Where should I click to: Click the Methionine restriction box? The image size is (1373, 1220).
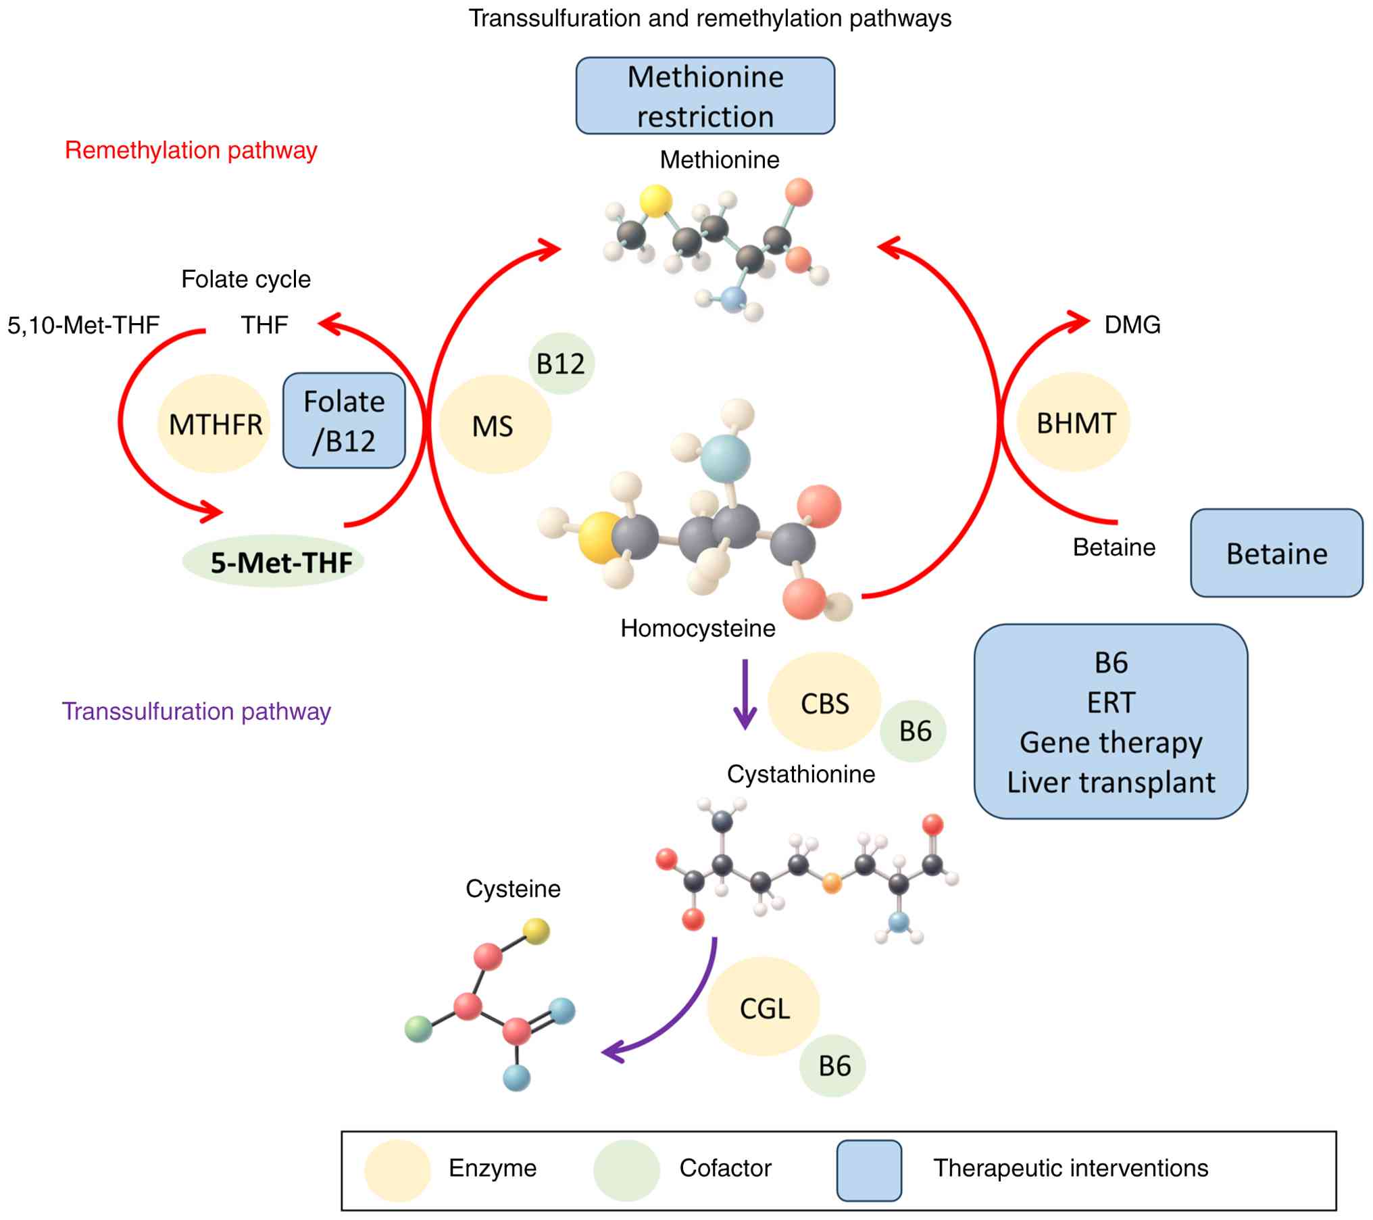point(705,95)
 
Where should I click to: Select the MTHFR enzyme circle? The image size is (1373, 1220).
point(214,424)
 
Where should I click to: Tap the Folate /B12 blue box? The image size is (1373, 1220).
point(344,420)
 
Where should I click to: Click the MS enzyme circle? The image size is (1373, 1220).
point(494,425)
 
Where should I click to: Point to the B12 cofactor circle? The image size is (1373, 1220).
point(561,364)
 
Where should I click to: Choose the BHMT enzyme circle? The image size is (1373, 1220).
point(1074,422)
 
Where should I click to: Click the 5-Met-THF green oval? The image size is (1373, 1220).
point(274,562)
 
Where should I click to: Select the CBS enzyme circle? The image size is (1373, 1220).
point(824,703)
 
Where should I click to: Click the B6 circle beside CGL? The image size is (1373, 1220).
point(833,1066)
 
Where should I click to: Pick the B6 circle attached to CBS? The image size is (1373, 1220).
point(914,731)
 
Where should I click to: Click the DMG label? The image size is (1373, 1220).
point(1132,325)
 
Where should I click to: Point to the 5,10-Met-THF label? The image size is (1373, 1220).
point(83,325)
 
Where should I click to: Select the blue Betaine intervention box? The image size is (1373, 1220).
point(1276,554)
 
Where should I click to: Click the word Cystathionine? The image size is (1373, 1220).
point(801,774)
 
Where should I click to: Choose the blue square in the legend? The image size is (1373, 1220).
point(869,1171)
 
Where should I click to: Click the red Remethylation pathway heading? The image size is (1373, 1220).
point(191,150)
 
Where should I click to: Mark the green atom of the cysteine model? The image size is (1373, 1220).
point(418,1029)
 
